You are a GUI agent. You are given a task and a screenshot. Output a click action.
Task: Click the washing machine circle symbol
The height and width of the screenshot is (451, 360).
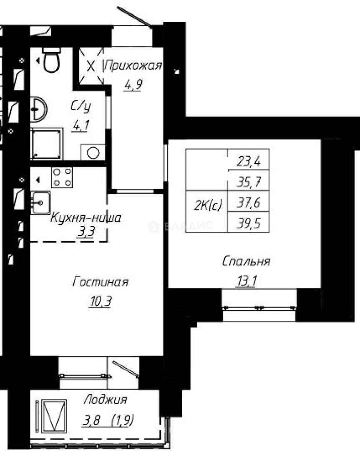pyautogui.click(x=93, y=153)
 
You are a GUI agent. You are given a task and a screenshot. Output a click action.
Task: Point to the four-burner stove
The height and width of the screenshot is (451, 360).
pyautogui.click(x=62, y=177)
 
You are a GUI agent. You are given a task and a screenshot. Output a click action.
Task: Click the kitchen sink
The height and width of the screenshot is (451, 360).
pyautogui.click(x=40, y=203)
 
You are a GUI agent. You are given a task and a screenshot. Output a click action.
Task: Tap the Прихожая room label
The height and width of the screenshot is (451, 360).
pyautogui.click(x=133, y=66)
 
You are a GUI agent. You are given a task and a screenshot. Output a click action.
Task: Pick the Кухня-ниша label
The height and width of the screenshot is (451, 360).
pyautogui.click(x=86, y=218)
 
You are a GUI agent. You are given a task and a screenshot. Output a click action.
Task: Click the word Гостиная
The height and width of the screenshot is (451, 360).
pyautogui.click(x=100, y=282)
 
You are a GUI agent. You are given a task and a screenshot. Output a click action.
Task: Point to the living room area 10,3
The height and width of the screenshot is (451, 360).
pyautogui.click(x=100, y=301)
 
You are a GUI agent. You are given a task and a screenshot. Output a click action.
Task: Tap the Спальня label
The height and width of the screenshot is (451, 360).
pyautogui.click(x=247, y=262)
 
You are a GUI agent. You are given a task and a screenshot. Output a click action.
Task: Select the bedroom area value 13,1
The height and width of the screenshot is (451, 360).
pyautogui.click(x=247, y=281)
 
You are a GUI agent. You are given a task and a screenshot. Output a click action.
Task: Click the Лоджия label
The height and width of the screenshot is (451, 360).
pyautogui.click(x=105, y=400)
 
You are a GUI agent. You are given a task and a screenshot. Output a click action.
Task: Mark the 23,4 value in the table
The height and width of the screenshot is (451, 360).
pyautogui.click(x=248, y=161)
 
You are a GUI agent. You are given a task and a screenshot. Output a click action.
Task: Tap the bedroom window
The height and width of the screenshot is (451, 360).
pyautogui.click(x=259, y=308)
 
